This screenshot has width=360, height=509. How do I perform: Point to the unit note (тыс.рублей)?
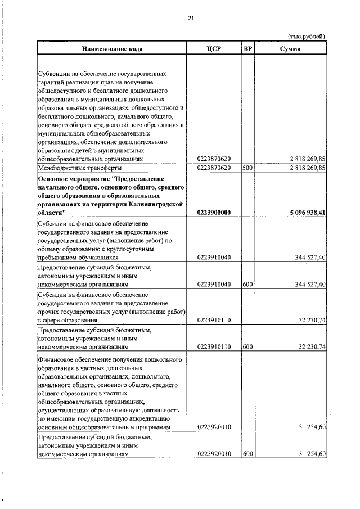(306, 37)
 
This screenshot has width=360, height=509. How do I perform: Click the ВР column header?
(247, 49)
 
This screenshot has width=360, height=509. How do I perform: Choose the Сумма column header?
(290, 49)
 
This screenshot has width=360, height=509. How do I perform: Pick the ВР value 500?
(247, 168)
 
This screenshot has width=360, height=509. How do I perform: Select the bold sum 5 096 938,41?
(308, 212)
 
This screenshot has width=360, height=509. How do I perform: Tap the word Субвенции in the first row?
(54, 74)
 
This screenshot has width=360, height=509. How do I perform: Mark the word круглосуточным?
(148, 248)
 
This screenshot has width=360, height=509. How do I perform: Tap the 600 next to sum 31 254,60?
(247, 453)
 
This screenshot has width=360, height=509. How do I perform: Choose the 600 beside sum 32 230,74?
(247, 347)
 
